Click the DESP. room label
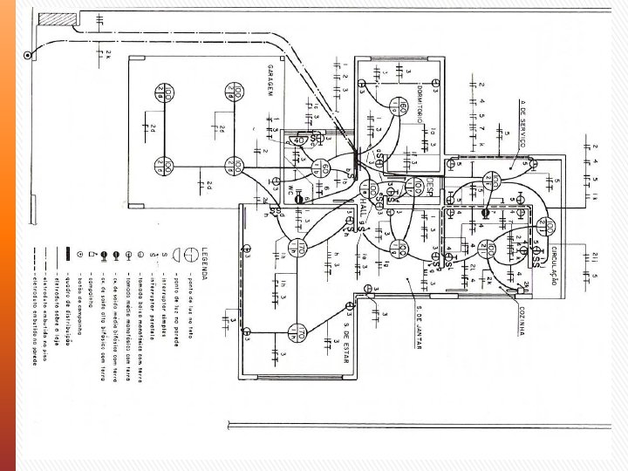[431, 187]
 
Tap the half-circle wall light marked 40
[298, 140]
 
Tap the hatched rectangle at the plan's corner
[58, 17]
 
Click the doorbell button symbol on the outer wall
[29, 56]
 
